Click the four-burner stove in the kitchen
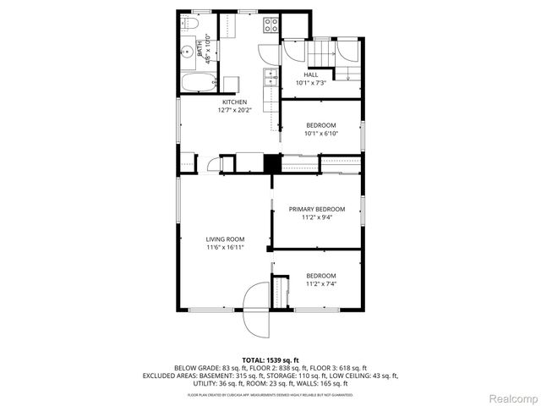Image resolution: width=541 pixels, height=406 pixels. click(271, 25)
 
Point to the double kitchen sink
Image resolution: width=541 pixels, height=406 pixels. click(270, 79)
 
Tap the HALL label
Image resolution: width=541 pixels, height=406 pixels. click(311, 74)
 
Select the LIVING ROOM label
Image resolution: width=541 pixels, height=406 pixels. click(224, 239)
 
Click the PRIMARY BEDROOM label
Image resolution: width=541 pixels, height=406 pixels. click(317, 209)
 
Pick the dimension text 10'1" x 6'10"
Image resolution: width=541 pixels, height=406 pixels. click(320, 134)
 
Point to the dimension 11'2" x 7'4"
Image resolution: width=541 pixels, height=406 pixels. click(320, 284)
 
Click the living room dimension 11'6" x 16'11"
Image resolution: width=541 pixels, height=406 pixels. click(224, 247)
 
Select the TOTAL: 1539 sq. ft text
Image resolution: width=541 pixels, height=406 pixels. click(270, 360)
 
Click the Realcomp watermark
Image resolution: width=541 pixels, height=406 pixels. click(514, 398)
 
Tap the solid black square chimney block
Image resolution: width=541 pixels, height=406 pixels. click(271, 163)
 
